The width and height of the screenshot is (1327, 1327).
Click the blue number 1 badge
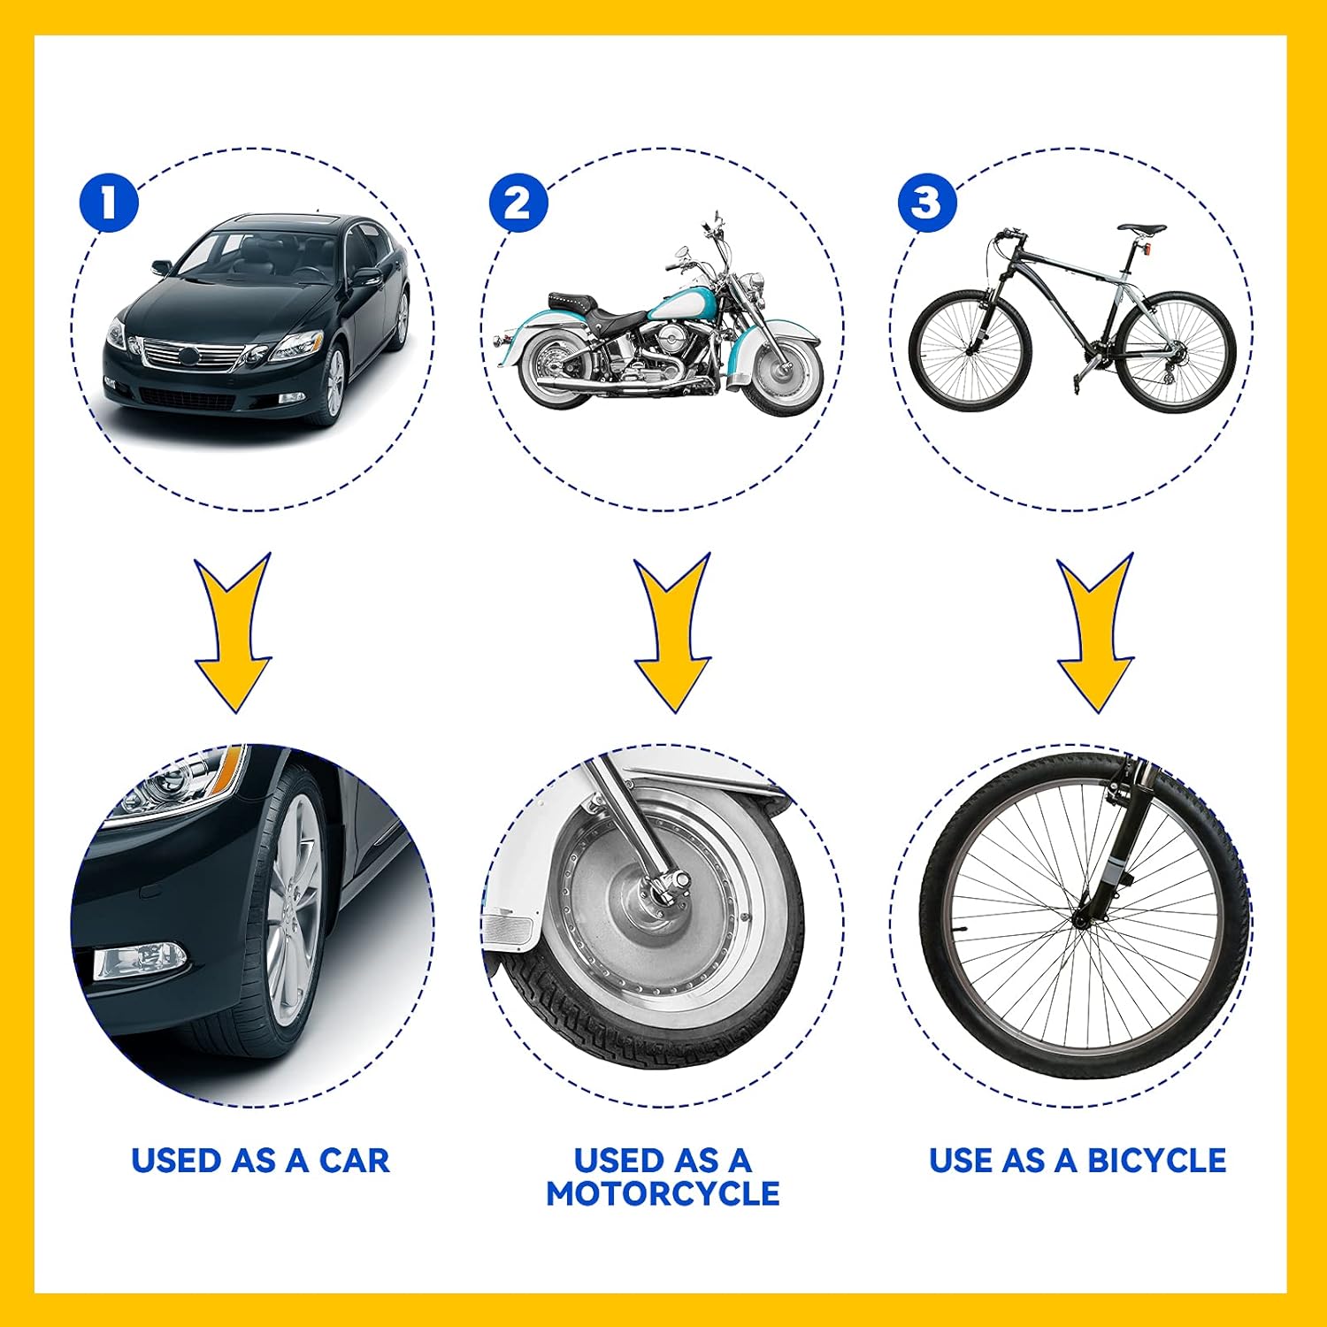(x=109, y=203)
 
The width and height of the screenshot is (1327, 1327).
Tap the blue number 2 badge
(x=518, y=203)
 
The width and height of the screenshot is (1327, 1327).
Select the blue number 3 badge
(x=927, y=203)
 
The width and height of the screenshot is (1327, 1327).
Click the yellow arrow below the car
(x=233, y=637)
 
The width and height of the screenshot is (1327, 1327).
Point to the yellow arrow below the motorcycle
(x=672, y=637)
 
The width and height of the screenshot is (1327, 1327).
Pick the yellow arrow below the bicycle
(x=1095, y=637)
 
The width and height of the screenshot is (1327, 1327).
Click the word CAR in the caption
(x=354, y=1161)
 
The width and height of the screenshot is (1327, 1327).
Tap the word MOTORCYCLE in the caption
(x=663, y=1193)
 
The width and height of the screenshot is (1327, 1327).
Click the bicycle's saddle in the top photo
(x=1141, y=228)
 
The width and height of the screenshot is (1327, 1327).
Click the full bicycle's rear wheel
(x=1176, y=351)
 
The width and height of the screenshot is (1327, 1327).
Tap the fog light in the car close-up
(x=140, y=961)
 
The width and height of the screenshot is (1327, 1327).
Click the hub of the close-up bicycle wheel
(x=1080, y=920)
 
